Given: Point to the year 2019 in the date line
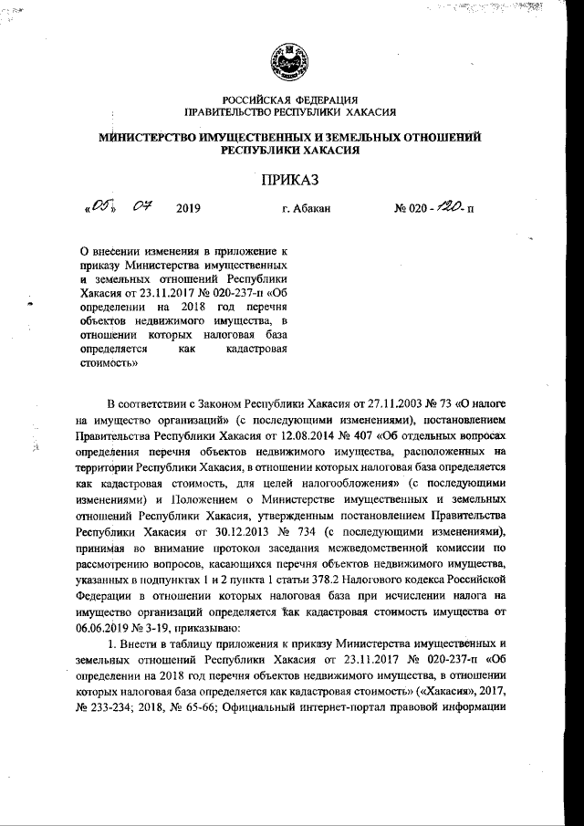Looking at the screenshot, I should click(186, 210).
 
